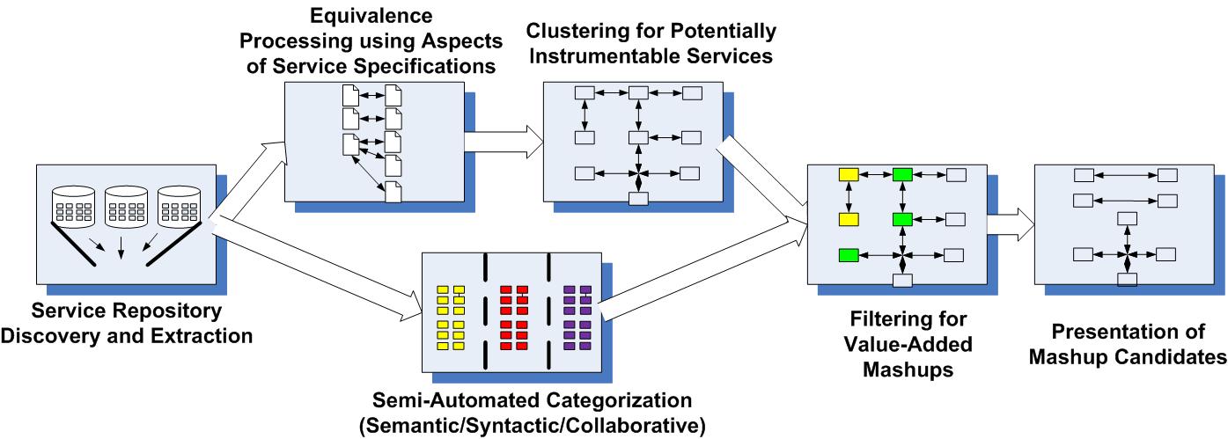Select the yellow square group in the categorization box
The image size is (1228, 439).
click(x=452, y=318)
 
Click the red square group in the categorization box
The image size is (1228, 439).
click(x=513, y=318)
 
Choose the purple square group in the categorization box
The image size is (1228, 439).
click(x=577, y=318)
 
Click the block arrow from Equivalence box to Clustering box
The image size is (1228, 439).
click(x=502, y=139)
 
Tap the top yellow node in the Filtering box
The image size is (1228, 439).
click(x=849, y=174)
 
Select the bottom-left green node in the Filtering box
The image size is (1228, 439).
click(x=849, y=256)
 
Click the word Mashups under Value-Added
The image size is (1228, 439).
click(x=895, y=369)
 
